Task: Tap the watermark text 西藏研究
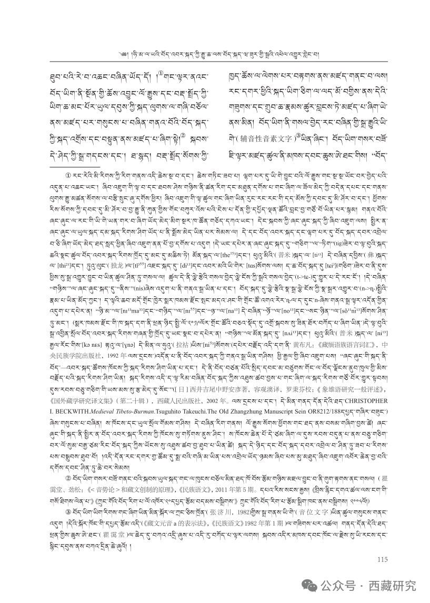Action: [x=395, y=585]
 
